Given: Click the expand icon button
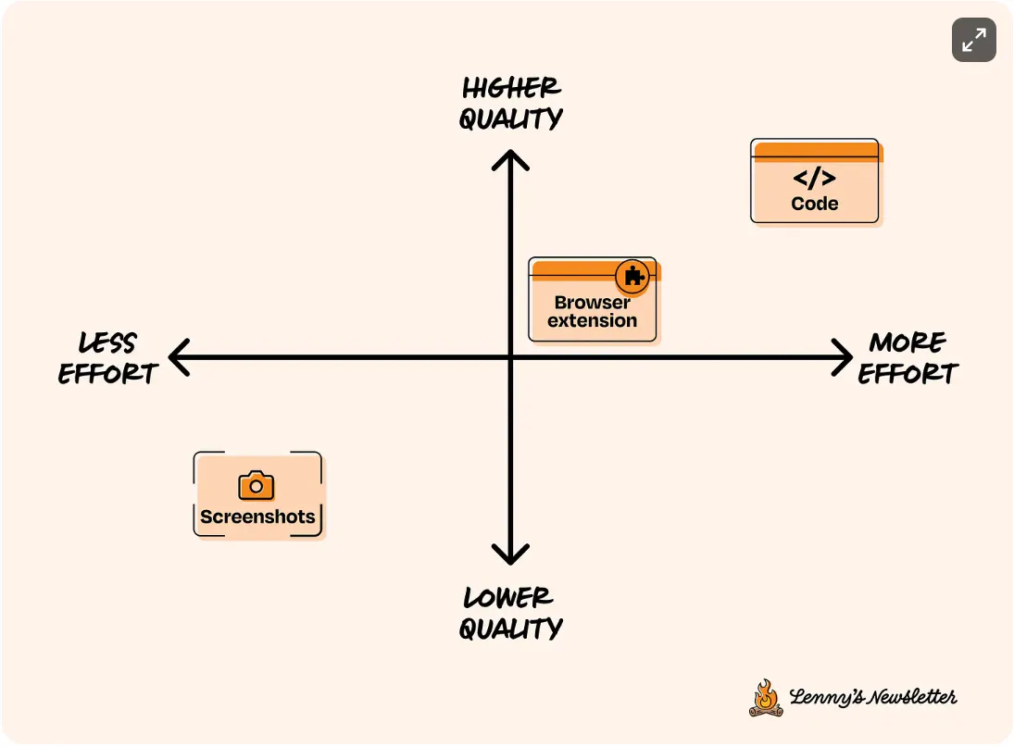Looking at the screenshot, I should click(973, 40).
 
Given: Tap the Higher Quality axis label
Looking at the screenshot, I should click(511, 104).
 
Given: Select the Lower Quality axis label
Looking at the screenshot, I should click(510, 613).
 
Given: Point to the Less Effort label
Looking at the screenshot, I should click(108, 358).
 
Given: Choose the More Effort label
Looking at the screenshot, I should click(908, 358).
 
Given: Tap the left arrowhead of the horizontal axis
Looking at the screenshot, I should click(177, 357).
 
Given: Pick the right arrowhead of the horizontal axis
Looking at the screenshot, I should click(842, 357).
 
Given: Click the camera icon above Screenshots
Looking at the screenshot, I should click(257, 486).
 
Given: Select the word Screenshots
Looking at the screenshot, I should click(257, 517).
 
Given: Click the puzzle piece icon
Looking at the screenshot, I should click(633, 276).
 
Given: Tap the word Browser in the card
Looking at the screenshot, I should click(592, 303).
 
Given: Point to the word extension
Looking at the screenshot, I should click(592, 321).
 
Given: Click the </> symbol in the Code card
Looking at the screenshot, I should click(815, 179).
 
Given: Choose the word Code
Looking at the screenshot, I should click(815, 204).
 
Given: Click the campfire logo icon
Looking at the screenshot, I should click(765, 698).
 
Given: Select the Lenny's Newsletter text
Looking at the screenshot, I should click(872, 698).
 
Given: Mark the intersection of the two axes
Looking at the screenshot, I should click(510, 357).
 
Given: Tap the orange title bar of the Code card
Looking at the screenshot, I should click(816, 151).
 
